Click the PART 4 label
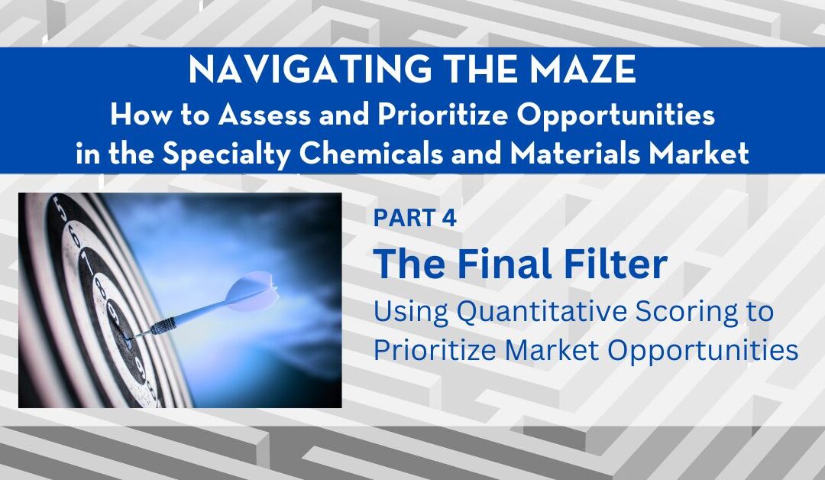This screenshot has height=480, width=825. click(x=415, y=219)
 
